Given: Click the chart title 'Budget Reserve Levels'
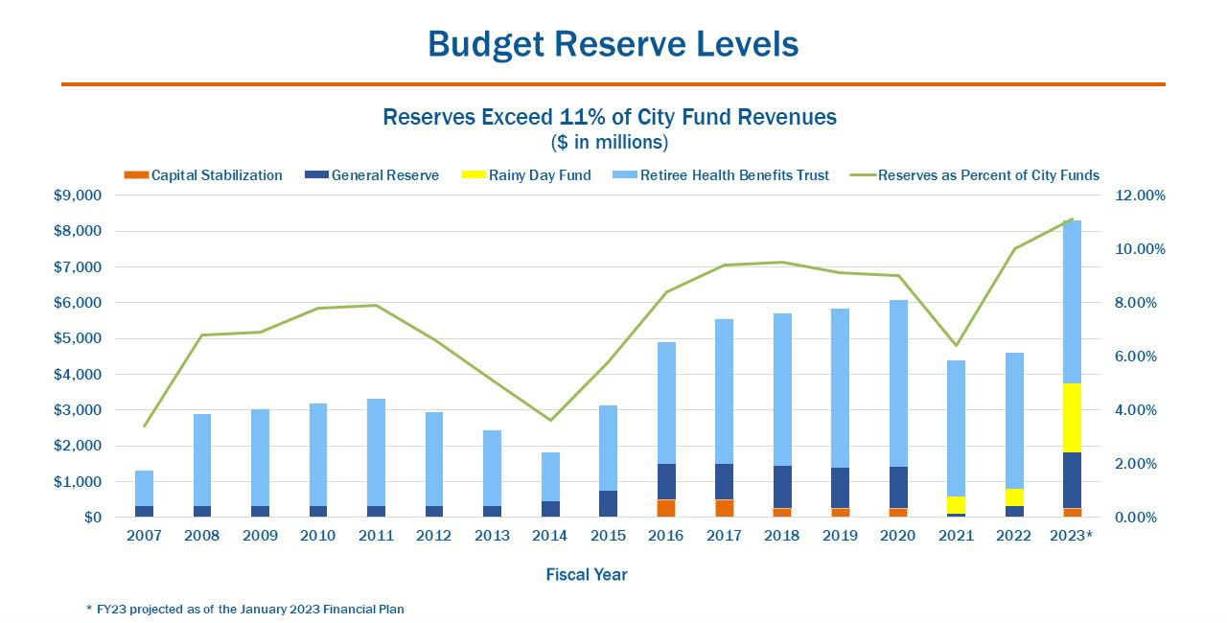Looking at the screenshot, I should [613, 44].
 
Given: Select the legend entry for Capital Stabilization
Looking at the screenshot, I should [203, 175].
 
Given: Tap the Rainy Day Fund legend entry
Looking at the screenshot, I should [526, 175].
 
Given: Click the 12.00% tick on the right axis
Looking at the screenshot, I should [1141, 196].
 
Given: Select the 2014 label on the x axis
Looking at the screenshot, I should [549, 536].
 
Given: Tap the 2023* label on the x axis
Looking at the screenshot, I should [1070, 536].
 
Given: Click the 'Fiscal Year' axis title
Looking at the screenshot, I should [587, 575].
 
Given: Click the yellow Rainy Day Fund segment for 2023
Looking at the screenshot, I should [1071, 418].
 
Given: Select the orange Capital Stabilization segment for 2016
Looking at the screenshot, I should [665, 508].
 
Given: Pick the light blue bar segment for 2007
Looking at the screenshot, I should [144, 488].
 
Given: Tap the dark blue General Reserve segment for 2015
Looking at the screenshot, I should [608, 503].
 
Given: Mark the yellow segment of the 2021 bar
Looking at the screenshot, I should [955, 504].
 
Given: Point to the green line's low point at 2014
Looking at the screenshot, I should [550, 420].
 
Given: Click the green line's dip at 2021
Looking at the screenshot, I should [956, 345].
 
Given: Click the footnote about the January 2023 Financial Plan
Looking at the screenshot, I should [245, 610].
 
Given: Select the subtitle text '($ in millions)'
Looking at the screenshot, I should [610, 143].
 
